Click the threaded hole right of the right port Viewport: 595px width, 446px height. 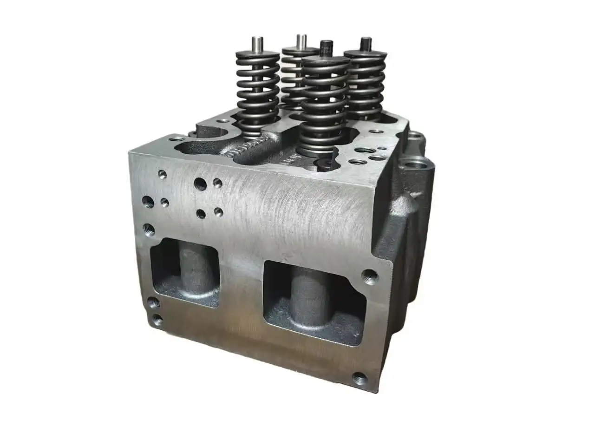click(x=370, y=274)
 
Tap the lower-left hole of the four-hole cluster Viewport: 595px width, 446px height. click(x=201, y=213)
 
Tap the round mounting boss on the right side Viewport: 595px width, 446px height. click(x=413, y=164)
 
